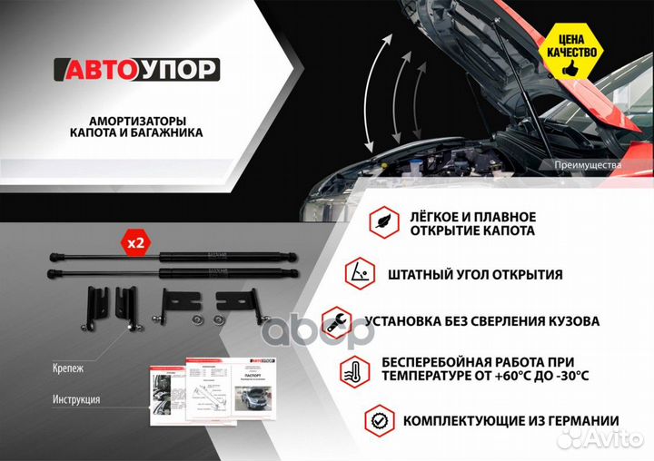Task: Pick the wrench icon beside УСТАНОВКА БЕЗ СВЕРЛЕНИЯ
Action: coord(336,320)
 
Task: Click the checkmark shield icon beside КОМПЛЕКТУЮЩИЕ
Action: coord(379,420)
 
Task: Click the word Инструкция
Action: coord(76,399)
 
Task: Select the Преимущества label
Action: coord(587,166)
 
